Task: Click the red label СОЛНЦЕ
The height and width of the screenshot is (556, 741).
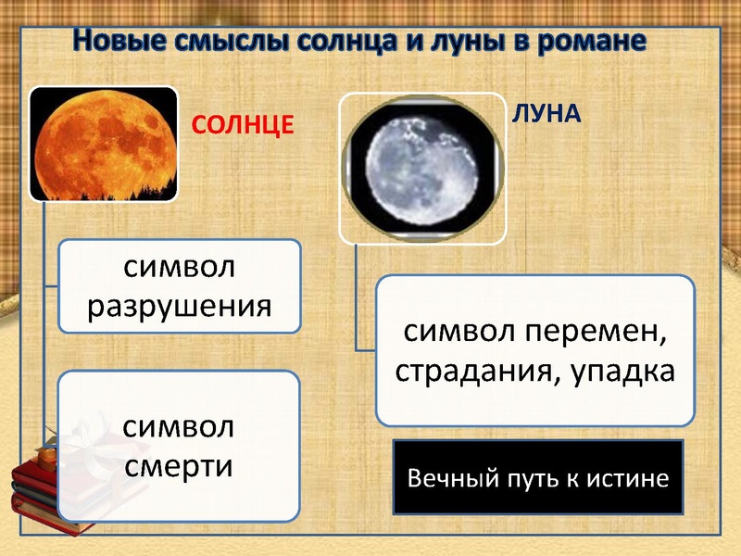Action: tap(243, 123)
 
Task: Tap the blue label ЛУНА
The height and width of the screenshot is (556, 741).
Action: tap(546, 113)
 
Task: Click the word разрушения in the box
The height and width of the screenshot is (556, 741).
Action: tap(180, 305)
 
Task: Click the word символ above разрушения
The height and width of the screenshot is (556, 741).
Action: tap(180, 266)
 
